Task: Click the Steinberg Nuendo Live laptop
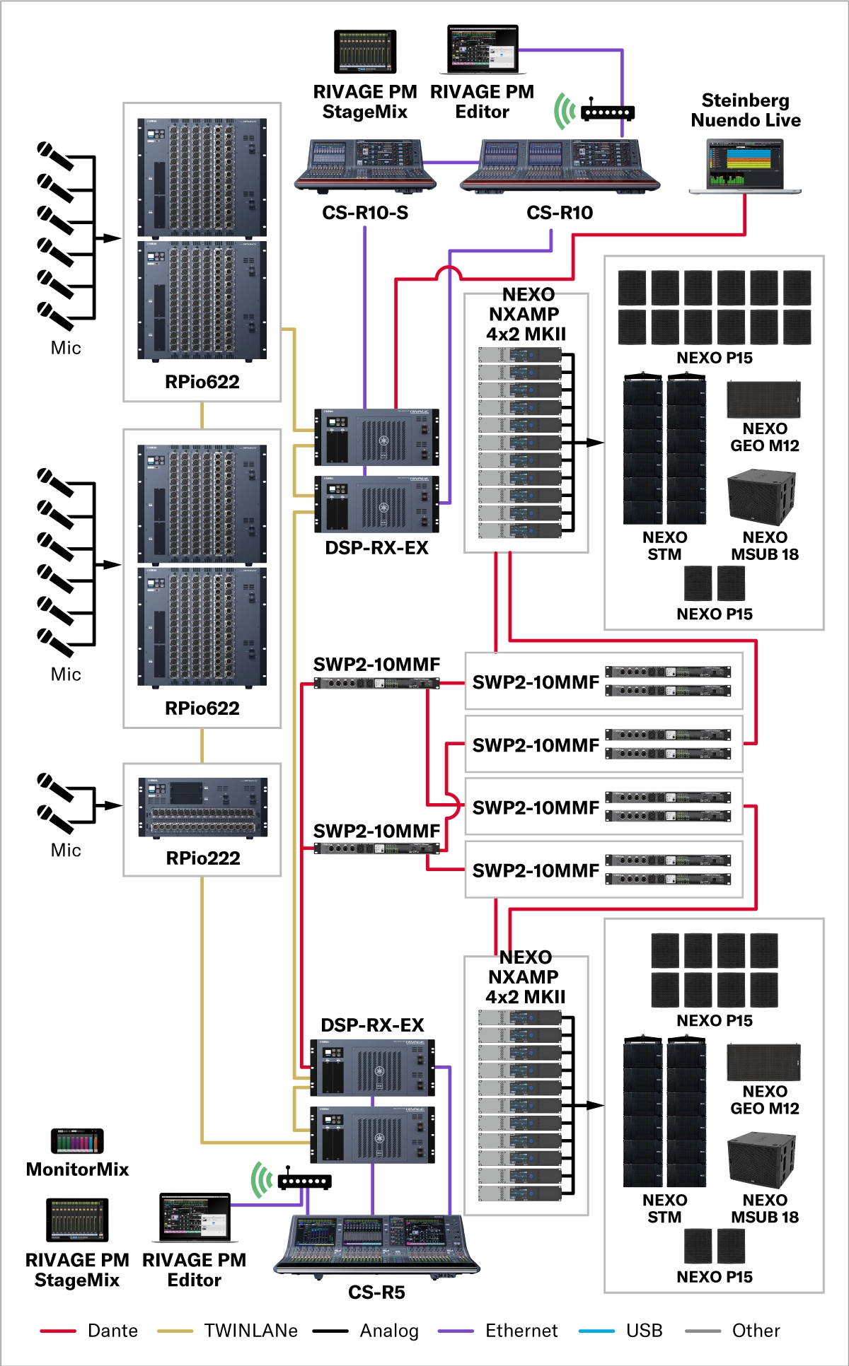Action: point(745,166)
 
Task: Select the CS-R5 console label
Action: point(376,1292)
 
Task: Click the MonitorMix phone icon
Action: point(77,1140)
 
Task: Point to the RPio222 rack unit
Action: point(203,807)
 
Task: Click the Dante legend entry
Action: point(89,1331)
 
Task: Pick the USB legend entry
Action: point(621,1331)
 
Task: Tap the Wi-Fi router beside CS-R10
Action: point(606,112)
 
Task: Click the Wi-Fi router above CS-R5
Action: point(304,1181)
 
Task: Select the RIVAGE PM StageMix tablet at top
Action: point(365,52)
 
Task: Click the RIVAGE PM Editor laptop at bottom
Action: point(195,1218)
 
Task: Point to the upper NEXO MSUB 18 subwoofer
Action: point(761,498)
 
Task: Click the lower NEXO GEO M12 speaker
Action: point(763,1063)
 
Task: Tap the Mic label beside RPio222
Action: point(66,850)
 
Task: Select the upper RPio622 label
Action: point(202,382)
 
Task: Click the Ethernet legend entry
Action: point(498,1331)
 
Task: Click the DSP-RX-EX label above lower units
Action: point(372,1025)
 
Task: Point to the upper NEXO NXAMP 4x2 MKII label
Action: point(526,314)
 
